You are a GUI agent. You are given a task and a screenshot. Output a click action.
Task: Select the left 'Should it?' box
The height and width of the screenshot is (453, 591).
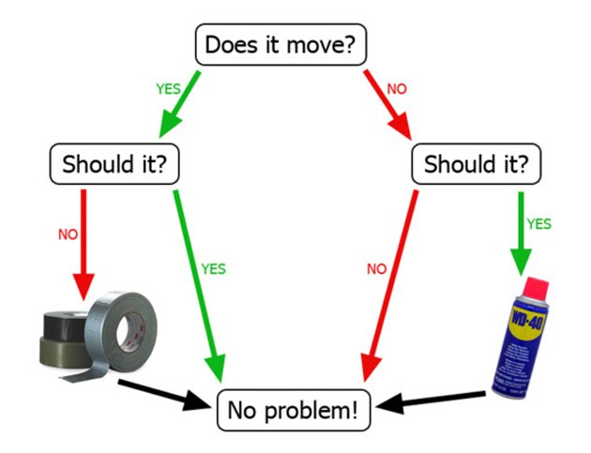tap(114, 164)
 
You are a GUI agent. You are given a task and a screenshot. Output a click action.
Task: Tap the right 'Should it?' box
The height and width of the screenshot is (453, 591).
tap(476, 164)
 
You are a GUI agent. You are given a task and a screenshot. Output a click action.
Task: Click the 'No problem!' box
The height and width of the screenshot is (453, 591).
tap(294, 410)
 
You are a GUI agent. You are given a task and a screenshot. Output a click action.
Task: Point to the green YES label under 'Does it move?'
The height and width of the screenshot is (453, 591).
tap(167, 89)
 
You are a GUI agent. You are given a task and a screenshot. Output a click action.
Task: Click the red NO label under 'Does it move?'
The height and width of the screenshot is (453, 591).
tap(397, 90)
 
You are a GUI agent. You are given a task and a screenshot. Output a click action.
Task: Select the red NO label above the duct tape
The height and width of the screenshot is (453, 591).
tap(68, 234)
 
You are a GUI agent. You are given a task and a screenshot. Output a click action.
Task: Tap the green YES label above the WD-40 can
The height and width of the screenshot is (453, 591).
tap(538, 224)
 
